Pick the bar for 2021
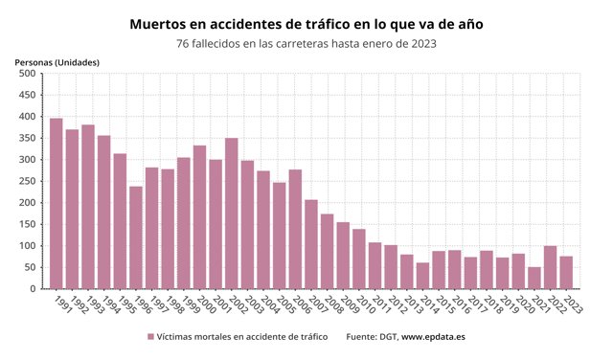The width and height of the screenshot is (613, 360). pos(534,278)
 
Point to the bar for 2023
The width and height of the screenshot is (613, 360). pos(566,272)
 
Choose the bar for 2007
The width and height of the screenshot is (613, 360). pos(310,244)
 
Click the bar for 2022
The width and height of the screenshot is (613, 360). pos(550,267)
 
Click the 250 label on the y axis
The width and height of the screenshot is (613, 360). pos(26,181)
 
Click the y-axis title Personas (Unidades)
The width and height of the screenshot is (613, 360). pos(57,62)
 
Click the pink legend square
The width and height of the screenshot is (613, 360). pos(150,337)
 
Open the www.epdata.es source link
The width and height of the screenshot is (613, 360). pos(433,337)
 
